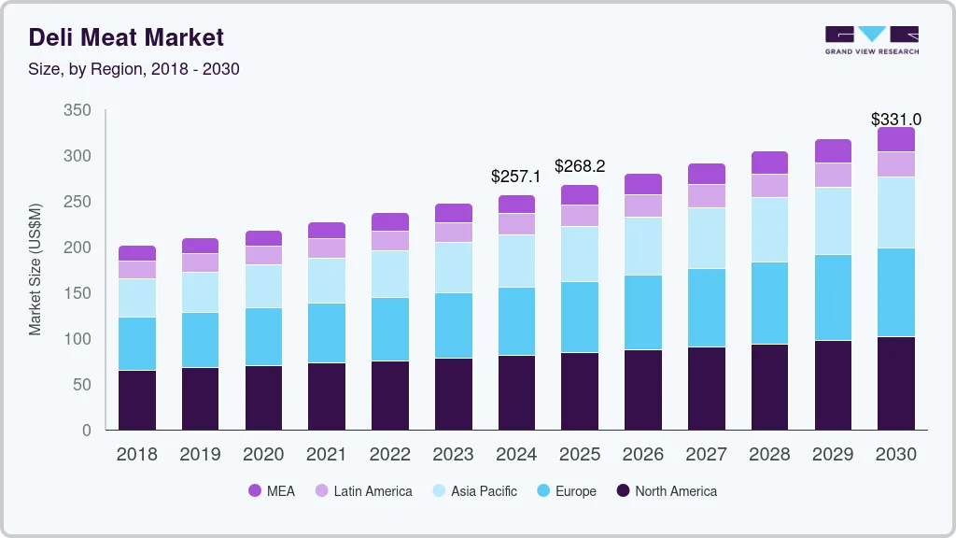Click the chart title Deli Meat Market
126,37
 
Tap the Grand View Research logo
871,39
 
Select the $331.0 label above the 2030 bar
896,120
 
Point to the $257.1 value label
515,177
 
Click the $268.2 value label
580,166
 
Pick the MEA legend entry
272,491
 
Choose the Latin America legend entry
363,491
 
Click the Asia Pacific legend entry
473,491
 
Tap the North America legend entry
666,491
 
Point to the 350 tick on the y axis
77,110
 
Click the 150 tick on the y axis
77,293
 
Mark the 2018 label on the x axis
136,455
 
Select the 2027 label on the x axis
706,455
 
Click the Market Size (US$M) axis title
35,269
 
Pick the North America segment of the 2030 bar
896,383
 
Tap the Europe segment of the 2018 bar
136,344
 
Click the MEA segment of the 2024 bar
516,204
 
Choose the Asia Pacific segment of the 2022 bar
389,274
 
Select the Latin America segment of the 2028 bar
769,186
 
